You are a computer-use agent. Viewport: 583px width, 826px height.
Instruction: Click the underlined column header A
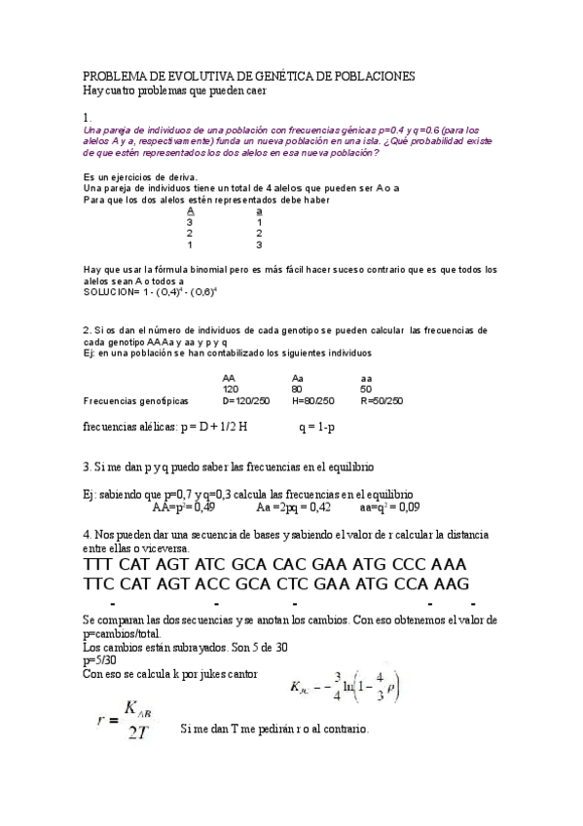[191, 210]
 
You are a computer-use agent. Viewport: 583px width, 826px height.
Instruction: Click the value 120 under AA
[231, 389]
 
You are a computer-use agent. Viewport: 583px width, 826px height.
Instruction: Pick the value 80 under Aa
[299, 389]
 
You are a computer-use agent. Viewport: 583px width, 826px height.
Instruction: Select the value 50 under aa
[366, 389]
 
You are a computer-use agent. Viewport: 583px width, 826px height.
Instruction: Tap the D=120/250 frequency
[244, 400]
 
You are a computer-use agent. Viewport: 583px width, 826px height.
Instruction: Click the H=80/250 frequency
[312, 400]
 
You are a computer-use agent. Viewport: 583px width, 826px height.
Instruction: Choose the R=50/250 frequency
[381, 400]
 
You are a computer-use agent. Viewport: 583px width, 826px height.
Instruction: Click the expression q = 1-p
[317, 427]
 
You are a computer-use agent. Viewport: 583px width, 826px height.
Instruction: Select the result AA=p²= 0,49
[184, 507]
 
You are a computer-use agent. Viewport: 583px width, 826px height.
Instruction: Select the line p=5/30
[101, 659]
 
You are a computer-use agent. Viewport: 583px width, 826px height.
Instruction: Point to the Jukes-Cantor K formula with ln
[346, 689]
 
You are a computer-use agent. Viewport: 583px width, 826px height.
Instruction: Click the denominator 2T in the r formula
[136, 732]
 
